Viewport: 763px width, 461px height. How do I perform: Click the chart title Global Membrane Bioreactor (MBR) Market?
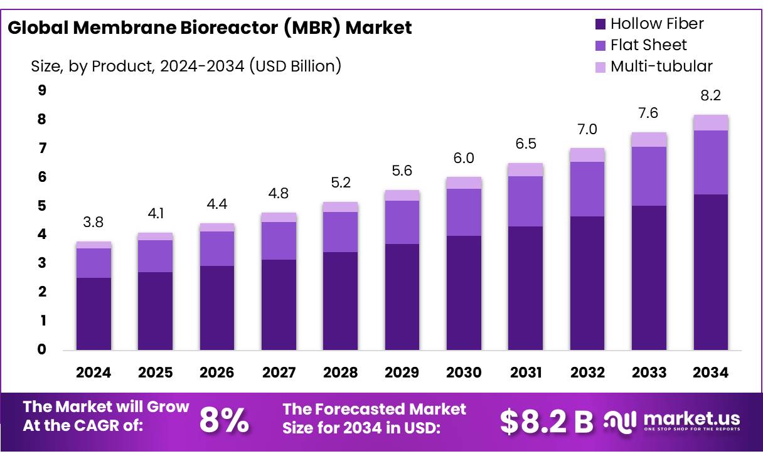coord(210,28)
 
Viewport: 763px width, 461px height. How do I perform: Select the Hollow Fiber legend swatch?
coord(600,24)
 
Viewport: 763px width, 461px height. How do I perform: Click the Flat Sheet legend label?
coord(648,45)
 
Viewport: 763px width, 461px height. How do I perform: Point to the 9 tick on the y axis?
coord(42,90)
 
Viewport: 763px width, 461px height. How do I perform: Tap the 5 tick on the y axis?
coord(42,206)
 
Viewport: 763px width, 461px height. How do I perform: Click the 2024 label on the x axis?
coord(93,373)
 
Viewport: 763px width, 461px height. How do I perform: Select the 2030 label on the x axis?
coord(464,373)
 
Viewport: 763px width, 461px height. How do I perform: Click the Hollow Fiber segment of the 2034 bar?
coord(710,272)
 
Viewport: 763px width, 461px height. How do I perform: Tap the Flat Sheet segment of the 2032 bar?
coord(587,189)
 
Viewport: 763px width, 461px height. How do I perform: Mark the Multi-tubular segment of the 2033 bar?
coord(649,139)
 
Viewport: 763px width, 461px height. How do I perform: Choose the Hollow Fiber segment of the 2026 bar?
coord(216,307)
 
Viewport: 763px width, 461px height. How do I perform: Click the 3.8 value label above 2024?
coord(93,222)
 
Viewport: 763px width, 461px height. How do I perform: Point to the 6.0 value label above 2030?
coord(464,159)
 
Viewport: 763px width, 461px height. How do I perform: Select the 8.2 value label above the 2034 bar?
coord(710,96)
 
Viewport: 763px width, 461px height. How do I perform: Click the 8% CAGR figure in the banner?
coord(224,421)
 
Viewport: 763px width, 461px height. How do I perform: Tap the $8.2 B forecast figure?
coord(546,422)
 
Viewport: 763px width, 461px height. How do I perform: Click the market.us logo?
coord(672,420)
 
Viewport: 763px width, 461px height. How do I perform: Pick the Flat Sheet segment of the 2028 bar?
coord(340,232)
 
